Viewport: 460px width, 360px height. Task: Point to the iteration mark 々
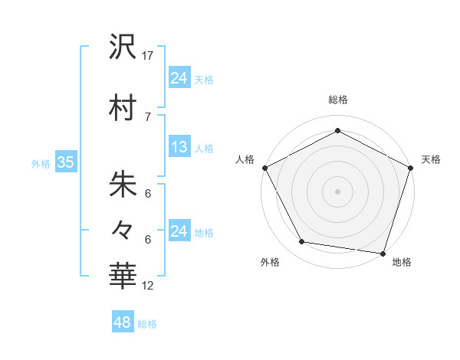click(x=123, y=229)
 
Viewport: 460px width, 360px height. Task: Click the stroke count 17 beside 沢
click(x=149, y=55)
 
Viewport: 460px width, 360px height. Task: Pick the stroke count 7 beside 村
click(x=148, y=116)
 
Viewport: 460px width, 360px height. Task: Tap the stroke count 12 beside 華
click(x=149, y=286)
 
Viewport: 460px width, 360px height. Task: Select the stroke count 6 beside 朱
click(x=148, y=195)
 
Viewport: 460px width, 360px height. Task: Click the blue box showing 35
click(x=65, y=162)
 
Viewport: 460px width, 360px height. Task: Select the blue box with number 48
click(x=123, y=322)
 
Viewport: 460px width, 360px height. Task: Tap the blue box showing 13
click(x=179, y=147)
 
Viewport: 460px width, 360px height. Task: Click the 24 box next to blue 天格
click(x=179, y=77)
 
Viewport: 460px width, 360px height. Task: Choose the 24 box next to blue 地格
click(x=179, y=231)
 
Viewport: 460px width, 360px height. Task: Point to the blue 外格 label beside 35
click(x=41, y=163)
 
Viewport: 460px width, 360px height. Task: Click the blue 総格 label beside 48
click(x=147, y=324)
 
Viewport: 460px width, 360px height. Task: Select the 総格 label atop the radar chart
click(x=338, y=100)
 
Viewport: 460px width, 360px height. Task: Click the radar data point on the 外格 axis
click(x=302, y=242)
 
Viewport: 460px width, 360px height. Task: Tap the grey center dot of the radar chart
click(x=338, y=191)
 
